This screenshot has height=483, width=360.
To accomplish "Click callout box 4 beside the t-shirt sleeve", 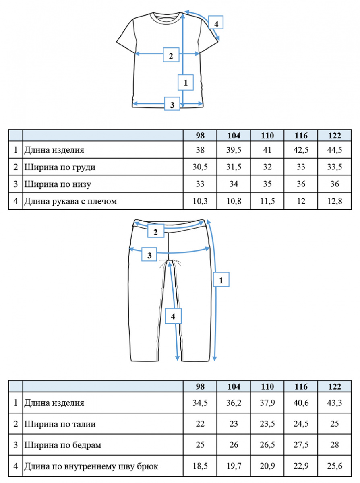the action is coord(216,22).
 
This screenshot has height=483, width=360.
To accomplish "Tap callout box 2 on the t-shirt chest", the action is coord(171,55).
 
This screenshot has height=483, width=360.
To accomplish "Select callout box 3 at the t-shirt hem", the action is coord(172,104).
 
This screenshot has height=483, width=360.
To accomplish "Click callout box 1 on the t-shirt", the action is coord(186,83).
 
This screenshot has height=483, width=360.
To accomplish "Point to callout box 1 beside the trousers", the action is coord(221,279).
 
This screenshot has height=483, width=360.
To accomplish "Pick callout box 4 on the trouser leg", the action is coord(173,316).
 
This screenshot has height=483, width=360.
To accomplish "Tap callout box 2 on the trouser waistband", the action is coord(155,231).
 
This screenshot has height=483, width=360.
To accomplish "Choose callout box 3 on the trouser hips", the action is coord(149,254).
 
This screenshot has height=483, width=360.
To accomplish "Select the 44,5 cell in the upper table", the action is coord(335,150).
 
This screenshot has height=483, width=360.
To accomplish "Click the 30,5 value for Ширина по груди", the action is coord(200,167).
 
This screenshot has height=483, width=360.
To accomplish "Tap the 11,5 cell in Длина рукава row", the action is coord(267,201).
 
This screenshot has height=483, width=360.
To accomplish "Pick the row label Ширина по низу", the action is coord(58,184).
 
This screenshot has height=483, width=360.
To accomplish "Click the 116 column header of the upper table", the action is coord(301,136).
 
